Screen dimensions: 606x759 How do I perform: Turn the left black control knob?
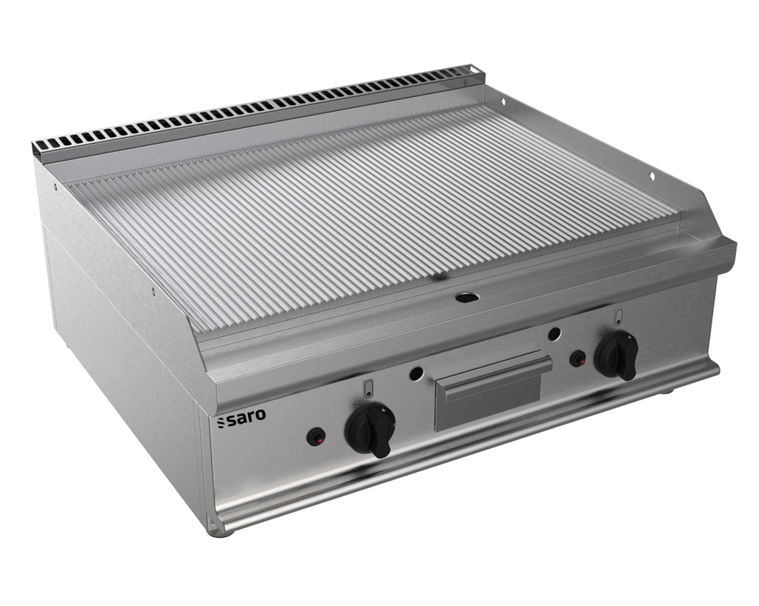pos(371,429)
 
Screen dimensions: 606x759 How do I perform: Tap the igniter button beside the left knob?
pos(315,437)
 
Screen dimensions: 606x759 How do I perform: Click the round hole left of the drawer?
pos(417,372)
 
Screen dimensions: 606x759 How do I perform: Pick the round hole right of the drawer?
pos(554,333)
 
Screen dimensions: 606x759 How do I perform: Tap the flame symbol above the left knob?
pos(368,388)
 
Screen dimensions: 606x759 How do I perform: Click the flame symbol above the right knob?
pos(618,316)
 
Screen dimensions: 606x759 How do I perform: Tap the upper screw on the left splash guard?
pos(55,187)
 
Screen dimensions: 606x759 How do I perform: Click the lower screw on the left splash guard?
pos(153,292)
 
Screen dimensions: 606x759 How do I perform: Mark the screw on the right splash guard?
pos(652,177)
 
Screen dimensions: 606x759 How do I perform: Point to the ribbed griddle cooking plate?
pos(371,215)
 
